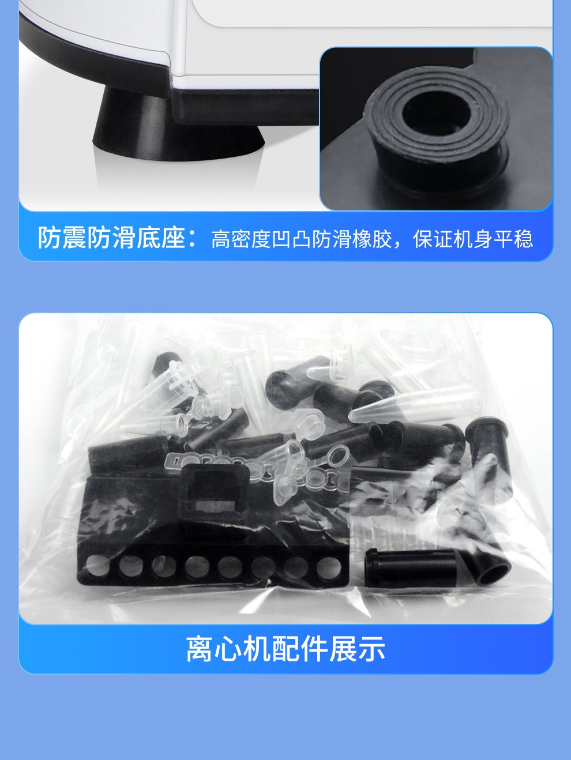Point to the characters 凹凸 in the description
291,239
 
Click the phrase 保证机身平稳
473,239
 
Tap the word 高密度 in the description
241,239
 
